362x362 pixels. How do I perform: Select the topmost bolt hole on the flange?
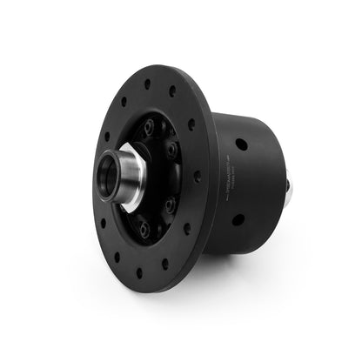point(146,84)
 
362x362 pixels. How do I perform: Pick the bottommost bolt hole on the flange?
point(138,272)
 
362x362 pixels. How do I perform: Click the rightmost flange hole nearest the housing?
point(197,175)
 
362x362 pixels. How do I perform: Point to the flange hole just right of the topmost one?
point(171,90)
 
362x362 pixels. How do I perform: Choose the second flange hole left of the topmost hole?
point(106,135)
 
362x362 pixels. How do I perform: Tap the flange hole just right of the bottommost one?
point(164,263)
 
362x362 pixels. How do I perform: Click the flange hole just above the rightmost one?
point(191,124)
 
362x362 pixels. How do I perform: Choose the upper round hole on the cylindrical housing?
point(240,144)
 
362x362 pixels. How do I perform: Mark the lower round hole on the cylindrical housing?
point(238,219)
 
